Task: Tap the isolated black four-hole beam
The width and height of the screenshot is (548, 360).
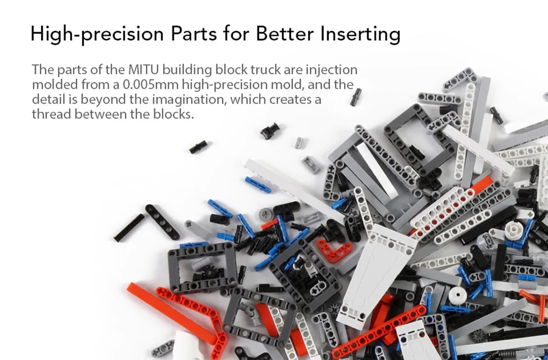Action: [x=162, y=221]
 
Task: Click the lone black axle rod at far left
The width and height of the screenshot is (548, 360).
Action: [x=129, y=227]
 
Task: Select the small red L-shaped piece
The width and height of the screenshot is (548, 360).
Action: [x=335, y=249]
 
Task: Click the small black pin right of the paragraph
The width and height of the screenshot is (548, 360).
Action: [x=356, y=96]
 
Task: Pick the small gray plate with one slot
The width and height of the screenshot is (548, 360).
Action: [x=311, y=164]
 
